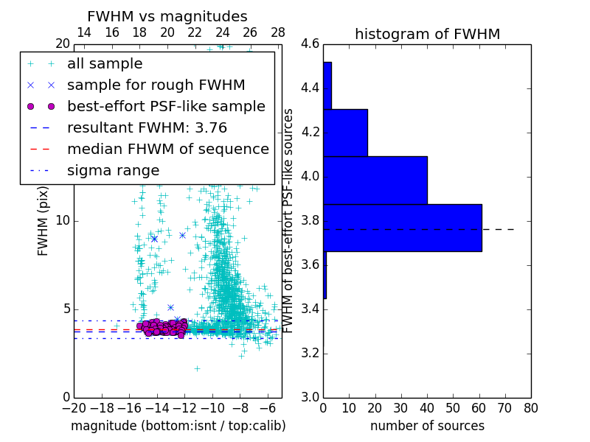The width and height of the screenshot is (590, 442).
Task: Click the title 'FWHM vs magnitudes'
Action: click(x=167, y=17)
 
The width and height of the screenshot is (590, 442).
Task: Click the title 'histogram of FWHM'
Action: click(x=427, y=34)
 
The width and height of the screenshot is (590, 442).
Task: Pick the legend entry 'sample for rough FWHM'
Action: click(x=156, y=85)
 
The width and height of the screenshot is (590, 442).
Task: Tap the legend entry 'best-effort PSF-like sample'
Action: click(x=166, y=106)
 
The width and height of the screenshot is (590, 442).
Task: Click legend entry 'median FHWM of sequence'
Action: click(x=167, y=149)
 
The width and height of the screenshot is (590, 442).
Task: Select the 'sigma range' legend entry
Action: click(x=113, y=170)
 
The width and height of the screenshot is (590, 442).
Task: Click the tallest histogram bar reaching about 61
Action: click(x=402, y=228)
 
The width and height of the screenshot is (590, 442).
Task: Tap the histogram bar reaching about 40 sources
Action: click(x=375, y=180)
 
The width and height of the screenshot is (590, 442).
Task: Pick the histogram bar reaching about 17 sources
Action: click(x=345, y=133)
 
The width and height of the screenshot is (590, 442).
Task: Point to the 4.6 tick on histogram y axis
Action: click(x=310, y=44)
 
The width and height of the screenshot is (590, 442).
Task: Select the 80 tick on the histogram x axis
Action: click(x=530, y=407)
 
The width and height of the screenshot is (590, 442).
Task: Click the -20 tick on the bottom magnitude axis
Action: click(x=74, y=407)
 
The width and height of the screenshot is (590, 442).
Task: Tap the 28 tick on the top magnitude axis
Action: click(x=278, y=32)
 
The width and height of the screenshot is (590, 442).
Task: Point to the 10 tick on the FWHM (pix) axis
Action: click(x=63, y=220)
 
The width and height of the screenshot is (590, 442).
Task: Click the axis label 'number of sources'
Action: click(x=427, y=426)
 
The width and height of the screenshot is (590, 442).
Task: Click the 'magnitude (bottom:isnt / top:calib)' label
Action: click(x=178, y=426)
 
